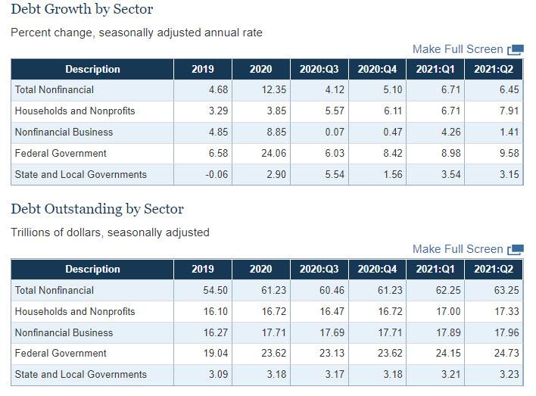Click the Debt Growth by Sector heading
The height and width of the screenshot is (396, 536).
pyautogui.click(x=82, y=10)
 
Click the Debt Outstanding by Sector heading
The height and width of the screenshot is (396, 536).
pyautogui.click(x=97, y=209)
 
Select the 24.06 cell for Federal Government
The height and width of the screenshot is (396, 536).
pyautogui.click(x=260, y=153)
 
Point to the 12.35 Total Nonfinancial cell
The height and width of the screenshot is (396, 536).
pyautogui.click(x=260, y=89)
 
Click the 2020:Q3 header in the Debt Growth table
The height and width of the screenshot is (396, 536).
pyautogui.click(x=319, y=69)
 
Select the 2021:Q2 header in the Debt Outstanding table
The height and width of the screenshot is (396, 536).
pyautogui.click(x=494, y=269)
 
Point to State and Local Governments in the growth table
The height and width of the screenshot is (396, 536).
pyautogui.click(x=81, y=174)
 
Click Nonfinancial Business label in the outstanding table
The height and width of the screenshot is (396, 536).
pyautogui.click(x=64, y=332)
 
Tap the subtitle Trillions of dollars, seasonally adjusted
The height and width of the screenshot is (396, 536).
pyautogui.click(x=110, y=232)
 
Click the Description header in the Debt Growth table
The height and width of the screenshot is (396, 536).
pyautogui.click(x=92, y=69)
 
